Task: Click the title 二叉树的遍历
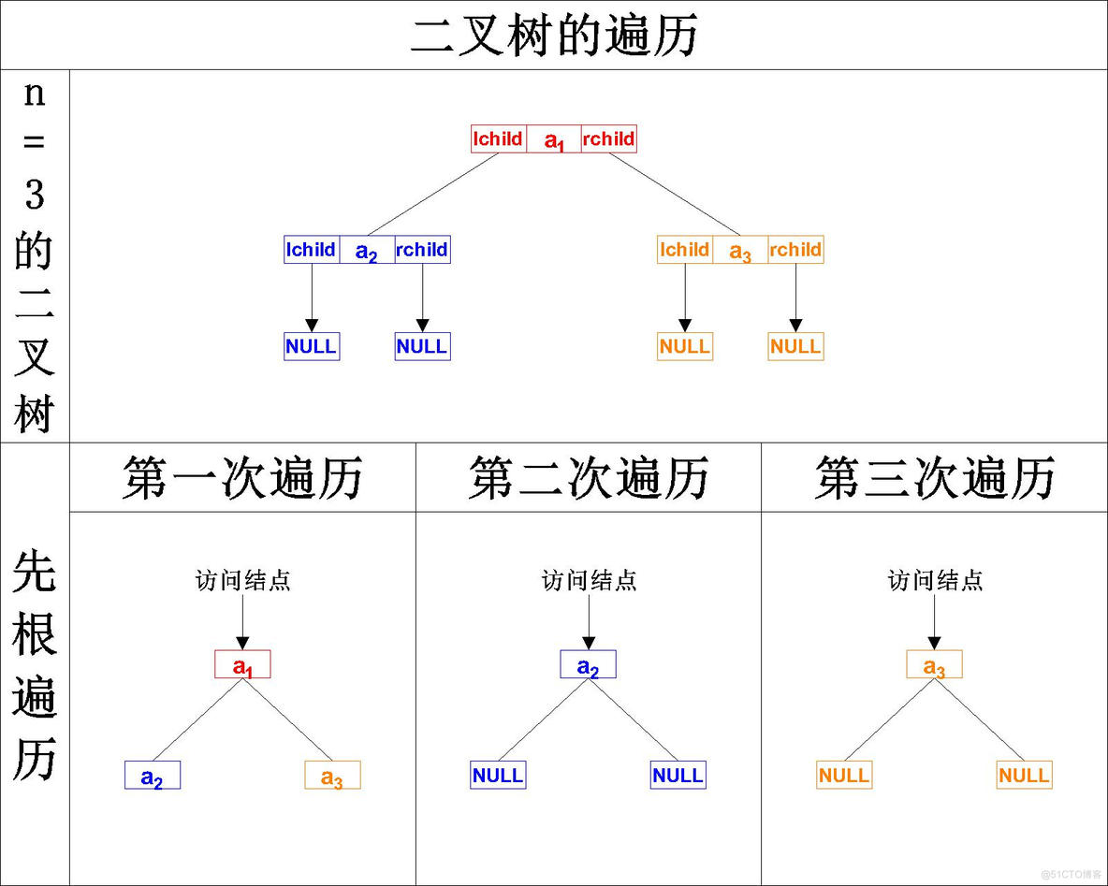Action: (554, 36)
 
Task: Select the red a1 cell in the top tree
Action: (554, 139)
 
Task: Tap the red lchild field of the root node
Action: (499, 139)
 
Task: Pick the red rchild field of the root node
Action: (609, 139)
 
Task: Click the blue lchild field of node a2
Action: (312, 250)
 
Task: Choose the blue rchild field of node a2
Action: (422, 250)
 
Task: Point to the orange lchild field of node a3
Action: (685, 250)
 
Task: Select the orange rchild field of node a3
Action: (795, 250)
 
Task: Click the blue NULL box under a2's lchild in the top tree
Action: (312, 346)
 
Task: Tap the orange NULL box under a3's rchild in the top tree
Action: (795, 346)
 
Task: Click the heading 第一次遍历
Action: (242, 478)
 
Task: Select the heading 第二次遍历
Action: (589, 478)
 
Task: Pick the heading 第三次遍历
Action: (935, 478)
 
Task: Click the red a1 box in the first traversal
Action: (242, 664)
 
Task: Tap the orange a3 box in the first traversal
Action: (332, 776)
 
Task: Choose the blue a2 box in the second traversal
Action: (588, 664)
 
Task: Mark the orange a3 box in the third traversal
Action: (934, 664)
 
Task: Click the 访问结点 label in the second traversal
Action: (589, 581)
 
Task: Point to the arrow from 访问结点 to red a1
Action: (242, 620)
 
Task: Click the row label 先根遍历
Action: (35, 664)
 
